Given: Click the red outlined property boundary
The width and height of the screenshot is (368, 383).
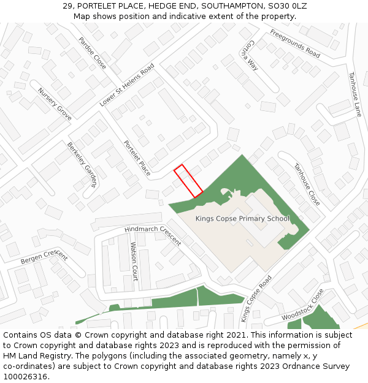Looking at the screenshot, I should [188, 181].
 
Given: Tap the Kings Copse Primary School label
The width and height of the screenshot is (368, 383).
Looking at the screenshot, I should [242, 219].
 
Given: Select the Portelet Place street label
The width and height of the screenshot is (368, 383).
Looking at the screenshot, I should [137, 158].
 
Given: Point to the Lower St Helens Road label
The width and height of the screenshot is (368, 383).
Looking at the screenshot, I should [127, 86].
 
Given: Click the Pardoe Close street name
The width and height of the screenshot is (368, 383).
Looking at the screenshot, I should [92, 53].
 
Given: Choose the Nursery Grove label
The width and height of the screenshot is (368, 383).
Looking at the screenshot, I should [55, 104].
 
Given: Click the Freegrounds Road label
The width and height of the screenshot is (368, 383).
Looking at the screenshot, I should [295, 44].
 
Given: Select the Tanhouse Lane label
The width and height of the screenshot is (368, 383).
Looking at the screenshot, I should [355, 94].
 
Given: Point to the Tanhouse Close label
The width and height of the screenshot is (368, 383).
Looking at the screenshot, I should [306, 184].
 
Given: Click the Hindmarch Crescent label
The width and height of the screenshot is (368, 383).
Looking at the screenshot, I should [153, 235].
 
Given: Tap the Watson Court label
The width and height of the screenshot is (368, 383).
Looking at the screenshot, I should [134, 262].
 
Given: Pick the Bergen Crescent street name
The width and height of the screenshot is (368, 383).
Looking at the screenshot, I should [44, 257].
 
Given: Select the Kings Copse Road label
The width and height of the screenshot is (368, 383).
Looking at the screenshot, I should [256, 298].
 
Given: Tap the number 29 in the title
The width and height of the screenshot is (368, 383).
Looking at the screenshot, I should [67, 6].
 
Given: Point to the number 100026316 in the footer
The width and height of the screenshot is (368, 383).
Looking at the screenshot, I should [25, 377].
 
